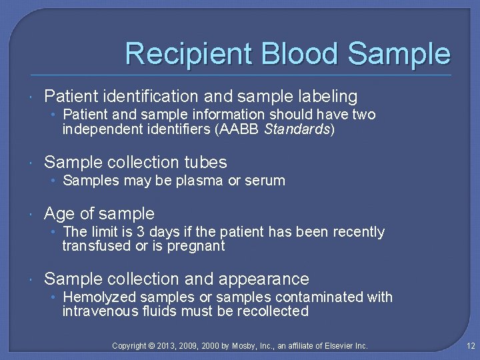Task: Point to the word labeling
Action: click(x=325, y=97)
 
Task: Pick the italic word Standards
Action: click(x=297, y=129)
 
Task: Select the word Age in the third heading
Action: click(x=59, y=213)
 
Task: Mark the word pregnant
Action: click(x=197, y=246)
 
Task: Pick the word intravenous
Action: click(x=95, y=311)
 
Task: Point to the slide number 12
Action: click(x=471, y=346)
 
